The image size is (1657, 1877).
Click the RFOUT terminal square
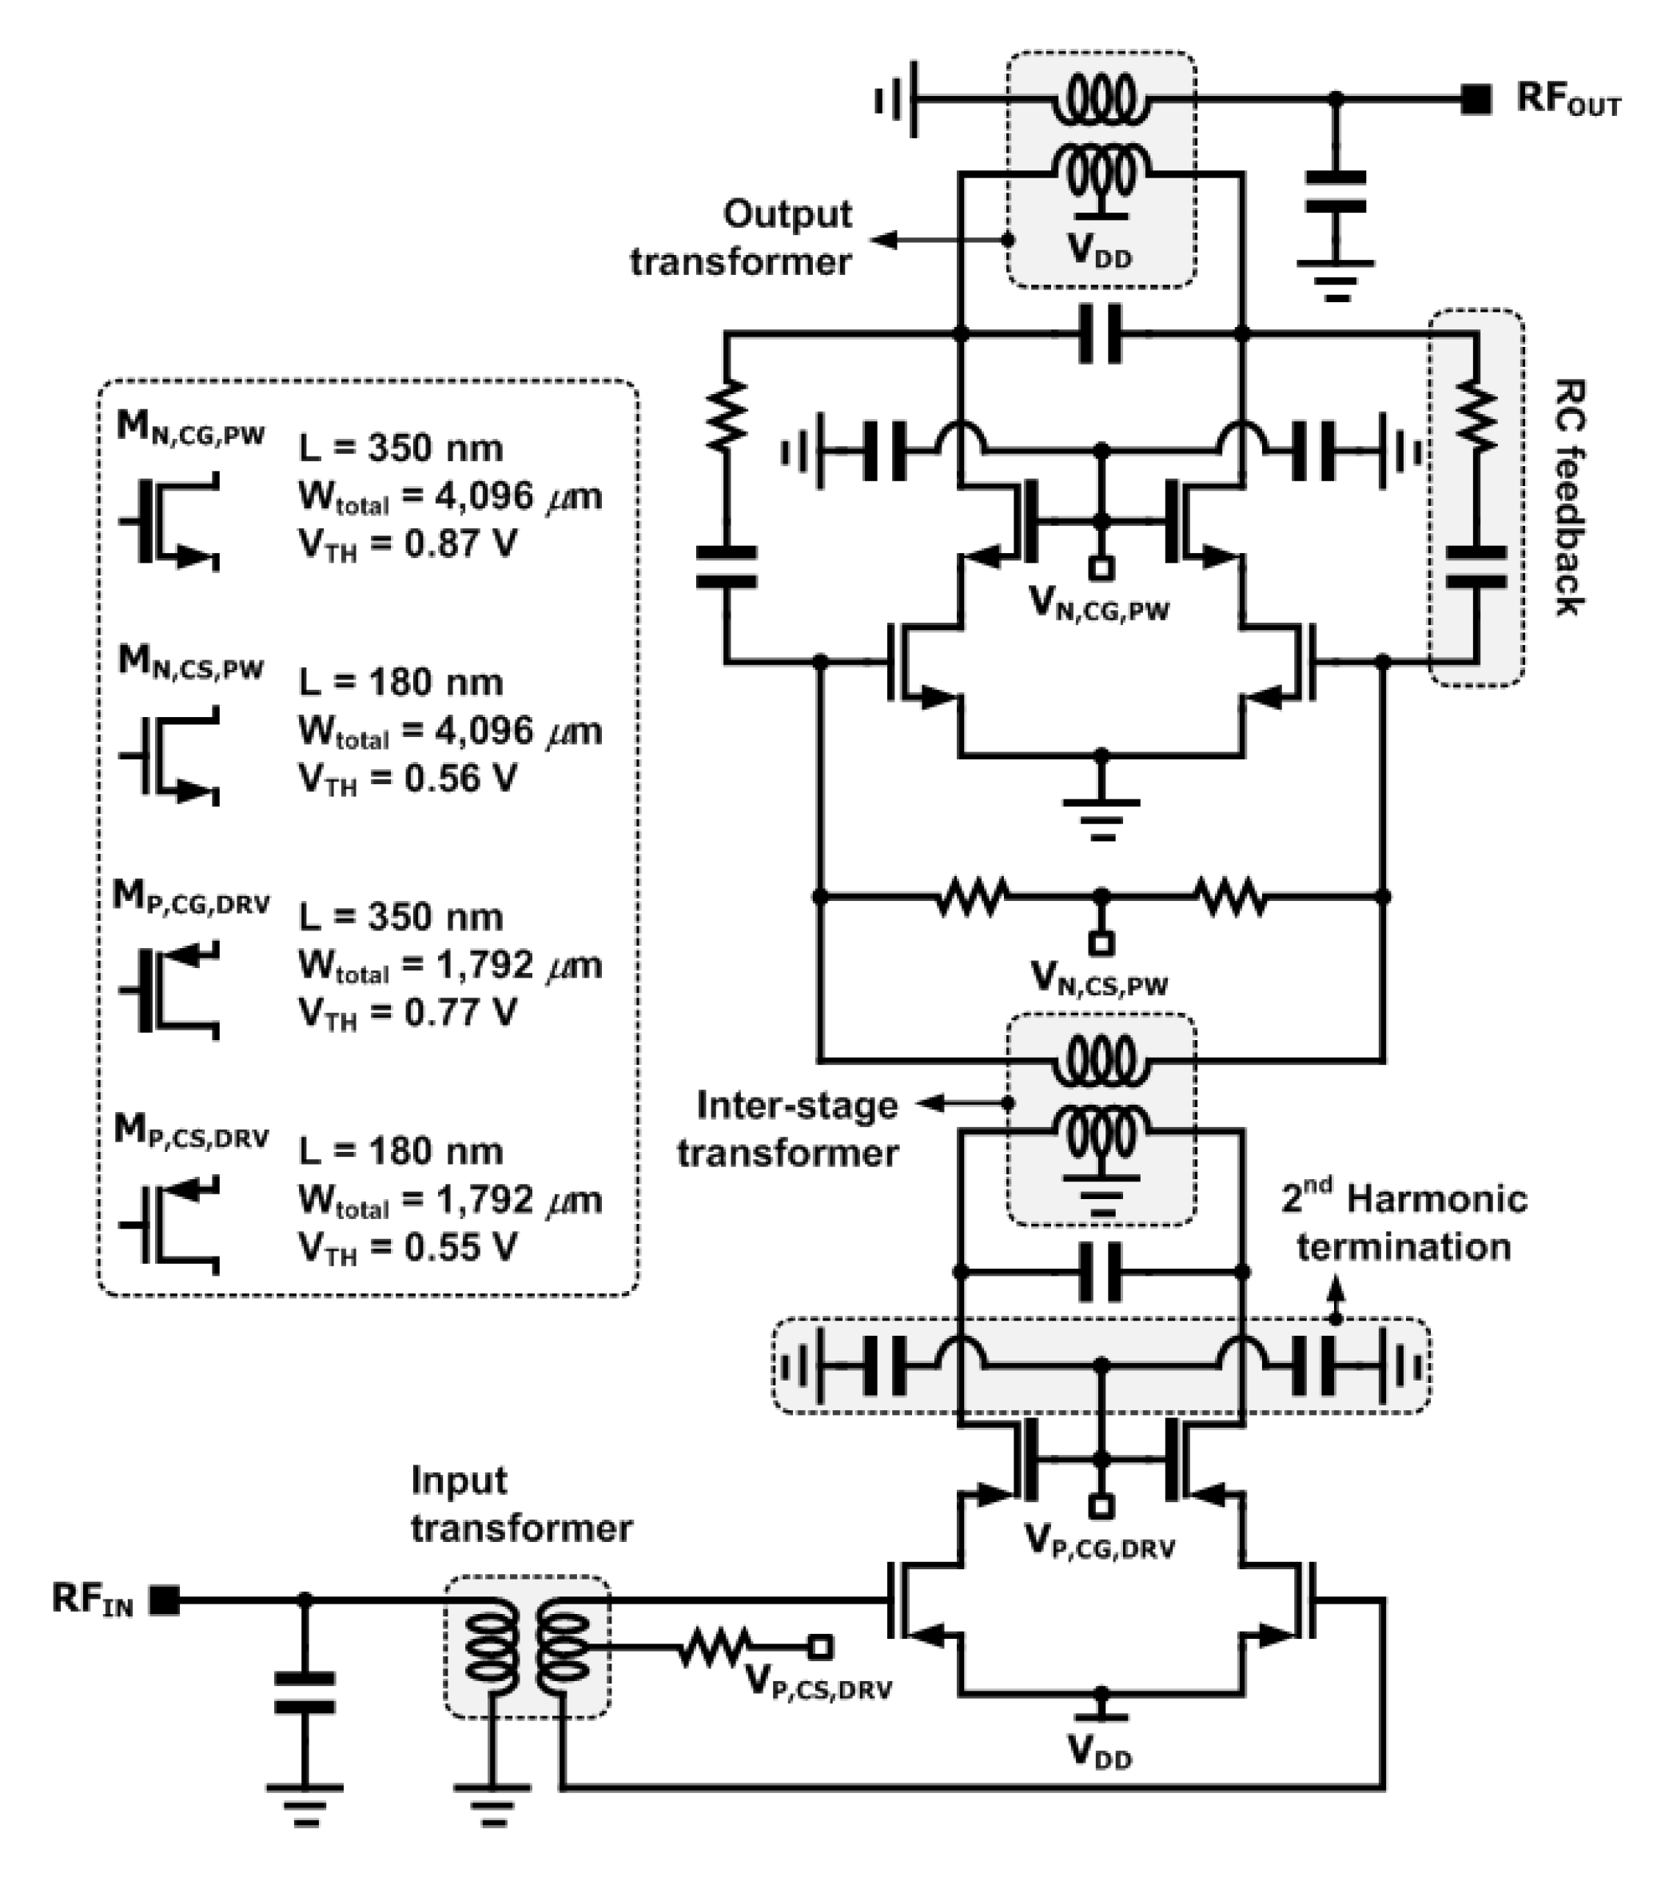click(1476, 99)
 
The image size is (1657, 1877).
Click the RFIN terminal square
click(165, 1600)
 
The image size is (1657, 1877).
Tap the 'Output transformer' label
click(742, 238)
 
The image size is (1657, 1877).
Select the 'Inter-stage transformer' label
click(790, 1129)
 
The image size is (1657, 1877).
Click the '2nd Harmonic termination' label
click(1404, 1222)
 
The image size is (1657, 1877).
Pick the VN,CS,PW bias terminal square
click(1101, 943)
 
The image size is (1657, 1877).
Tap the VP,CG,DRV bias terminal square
click(1101, 1507)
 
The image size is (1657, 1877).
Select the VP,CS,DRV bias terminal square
click(821, 1648)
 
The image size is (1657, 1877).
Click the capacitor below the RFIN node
click(305, 1692)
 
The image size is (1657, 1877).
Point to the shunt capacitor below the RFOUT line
click(1336, 192)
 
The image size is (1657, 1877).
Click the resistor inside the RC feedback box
click(1476, 418)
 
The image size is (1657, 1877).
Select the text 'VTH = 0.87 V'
click(408, 544)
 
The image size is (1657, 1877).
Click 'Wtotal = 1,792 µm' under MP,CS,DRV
click(450, 1202)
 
